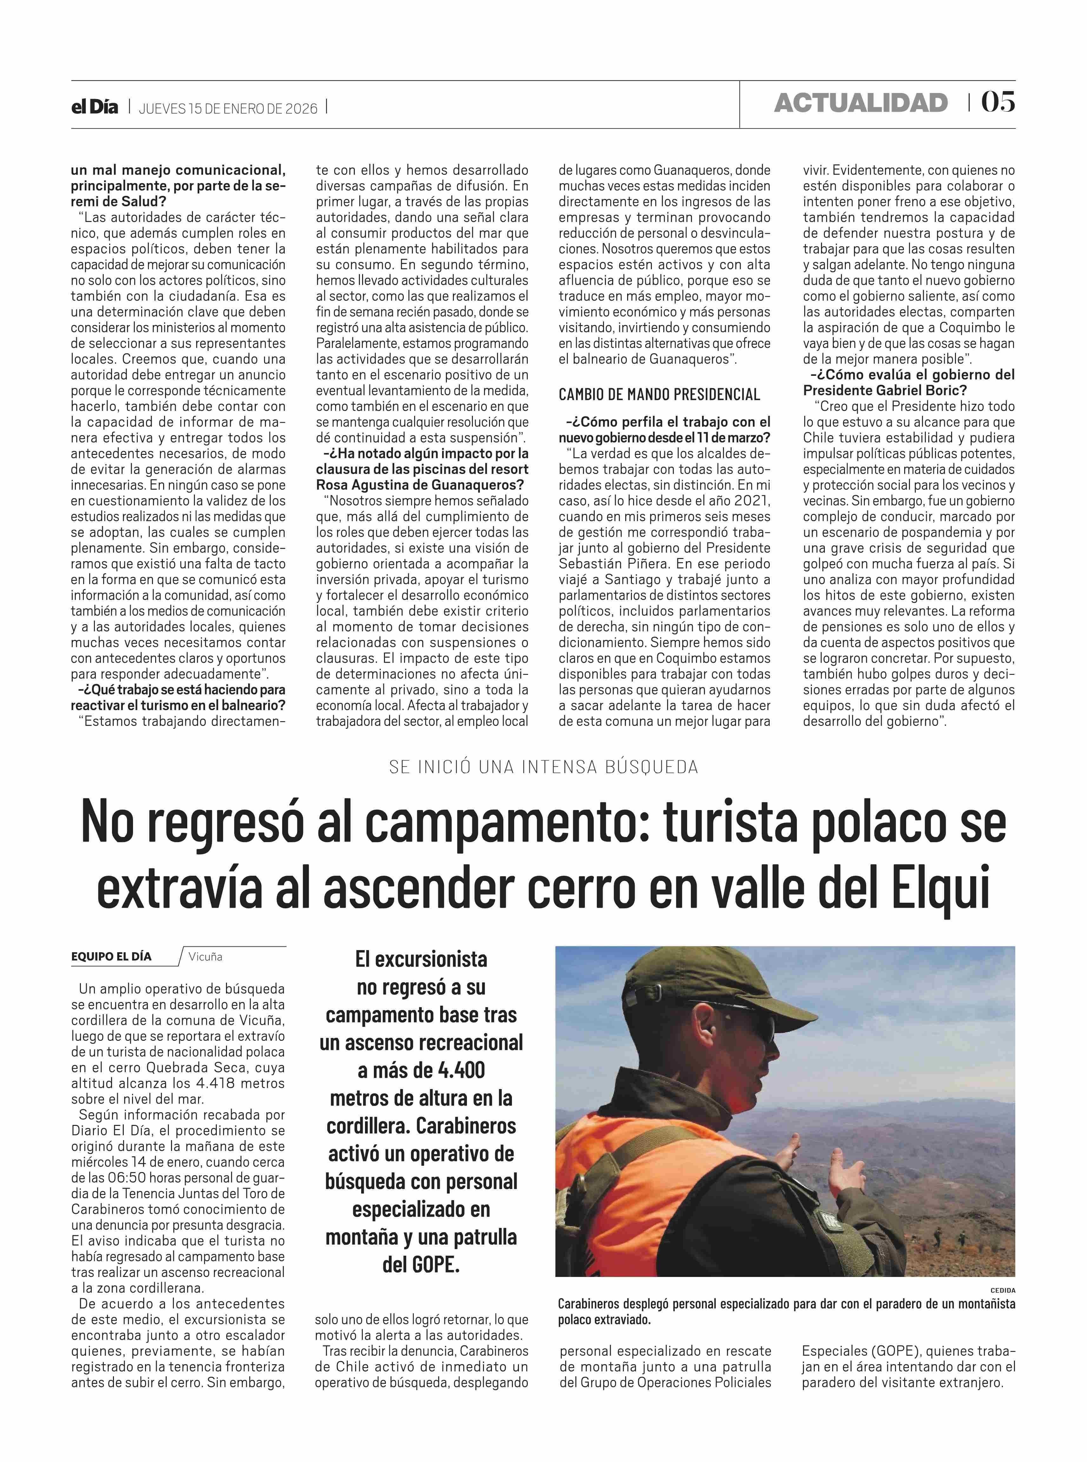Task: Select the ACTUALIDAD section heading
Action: [x=861, y=103]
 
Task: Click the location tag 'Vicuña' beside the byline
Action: [x=205, y=957]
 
